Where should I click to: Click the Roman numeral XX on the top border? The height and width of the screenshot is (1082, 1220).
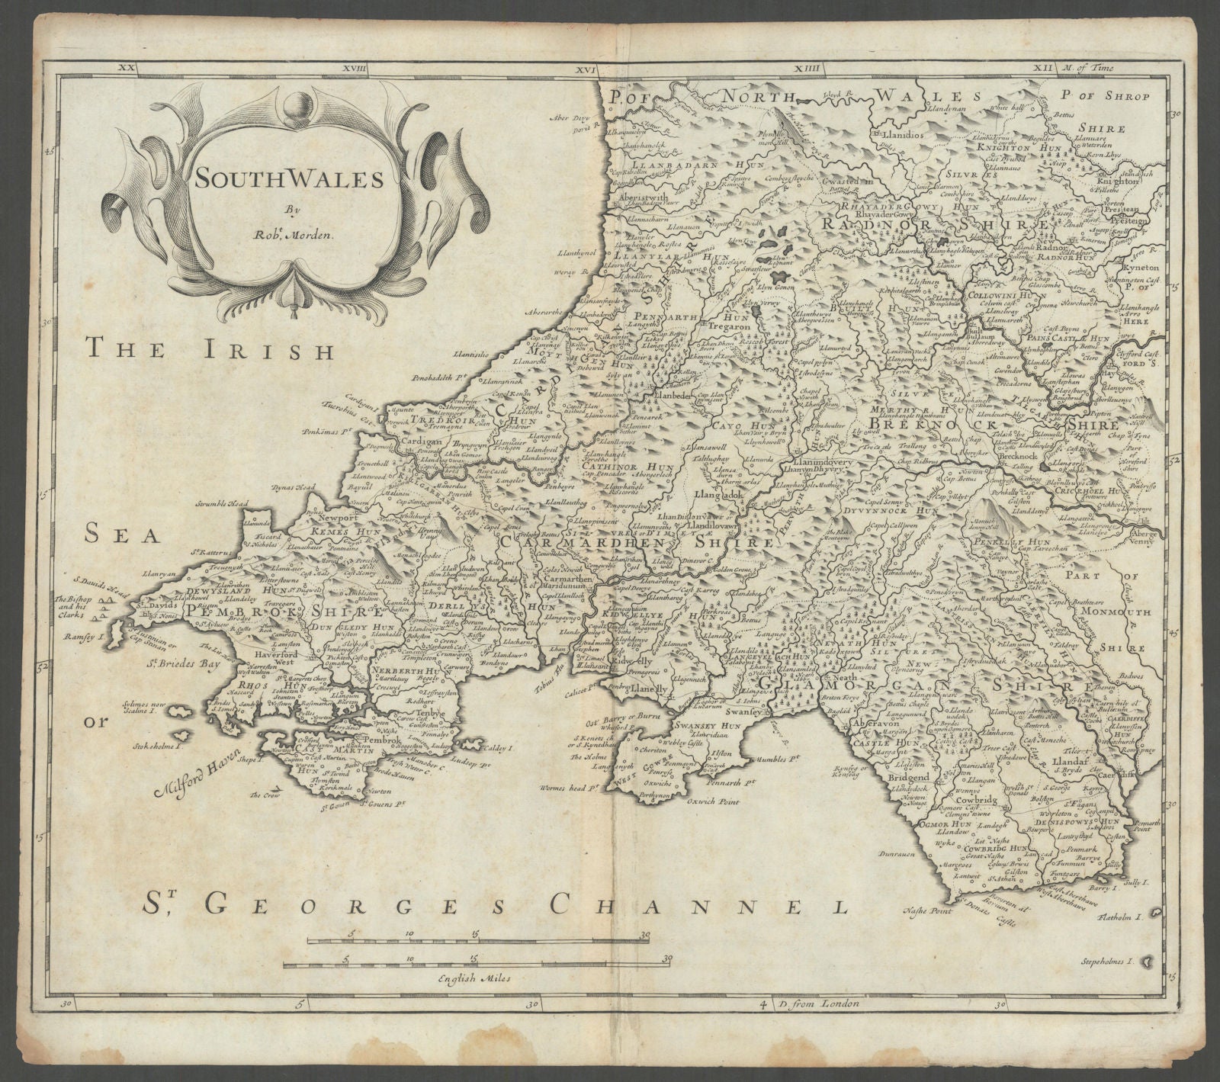pos(125,69)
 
